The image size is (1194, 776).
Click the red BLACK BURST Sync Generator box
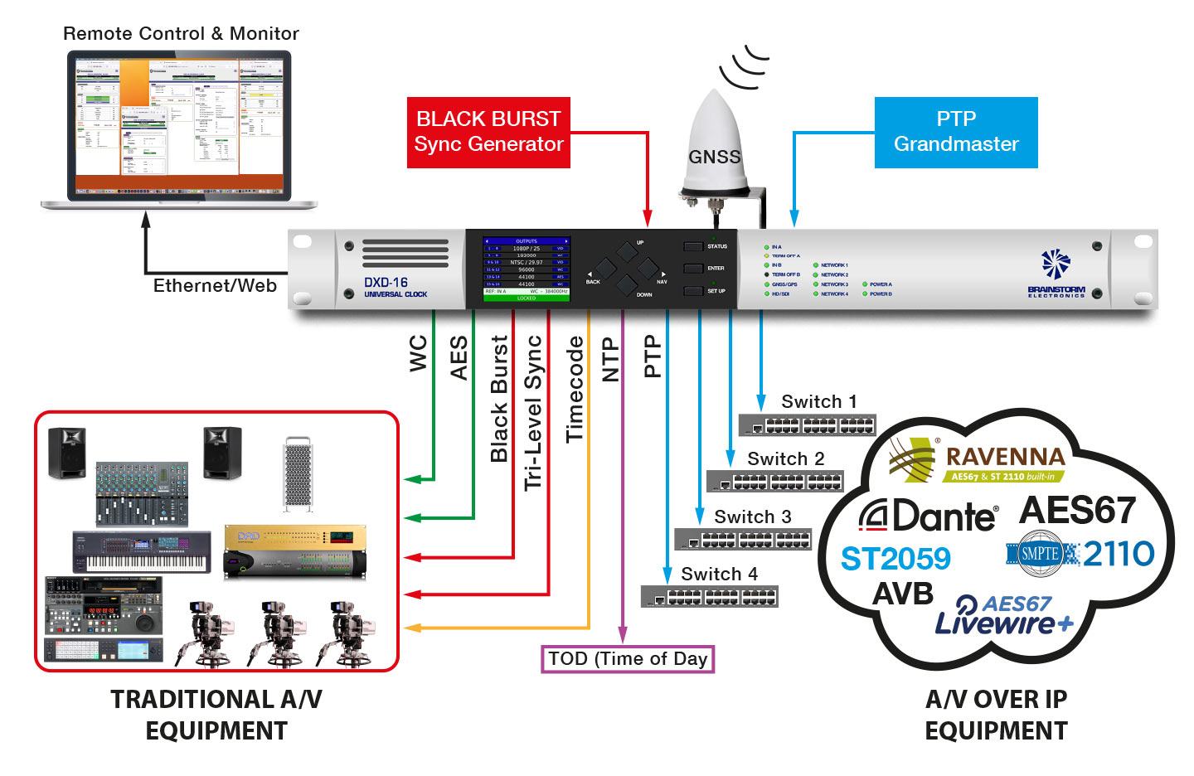coord(488,133)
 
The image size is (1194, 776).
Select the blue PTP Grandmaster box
coord(956,133)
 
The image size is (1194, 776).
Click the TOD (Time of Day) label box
coord(628,659)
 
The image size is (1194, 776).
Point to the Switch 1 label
coord(818,402)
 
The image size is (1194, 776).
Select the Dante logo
coord(928,517)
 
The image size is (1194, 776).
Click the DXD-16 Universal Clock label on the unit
coord(396,287)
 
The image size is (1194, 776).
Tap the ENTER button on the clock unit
coord(694,269)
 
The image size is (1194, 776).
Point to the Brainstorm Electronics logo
coord(1056,274)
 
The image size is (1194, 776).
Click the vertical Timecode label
coord(575,389)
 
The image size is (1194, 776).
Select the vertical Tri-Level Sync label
coord(533,412)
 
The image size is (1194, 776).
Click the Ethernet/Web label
coord(215,286)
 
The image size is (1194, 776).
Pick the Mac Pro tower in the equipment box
coord(298,473)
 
